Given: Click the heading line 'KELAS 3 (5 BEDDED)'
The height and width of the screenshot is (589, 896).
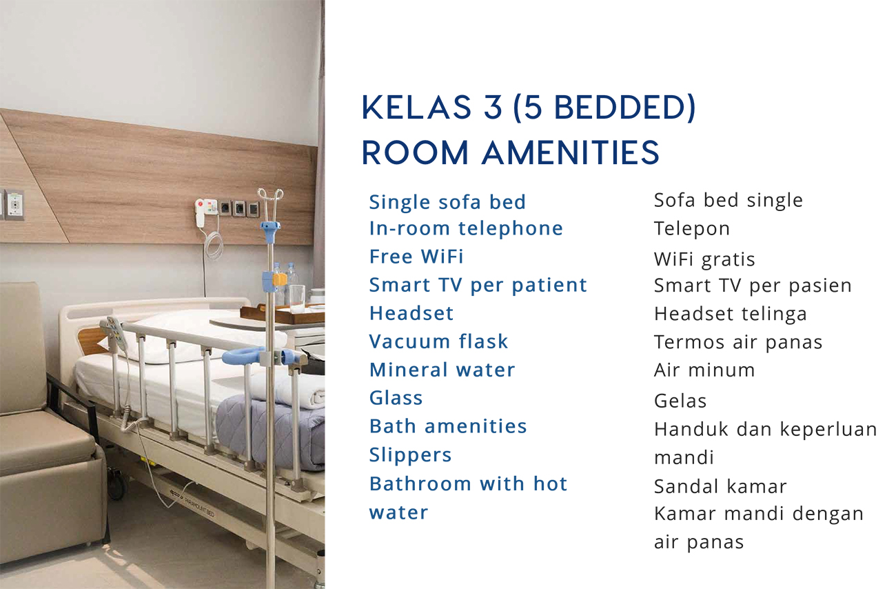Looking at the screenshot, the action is coord(529,108).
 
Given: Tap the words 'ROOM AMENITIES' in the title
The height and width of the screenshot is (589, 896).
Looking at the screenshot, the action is coord(511,152).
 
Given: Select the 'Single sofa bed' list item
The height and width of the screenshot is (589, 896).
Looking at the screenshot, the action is coord(447,202).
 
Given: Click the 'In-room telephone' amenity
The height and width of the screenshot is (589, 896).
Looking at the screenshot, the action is coord(466,228).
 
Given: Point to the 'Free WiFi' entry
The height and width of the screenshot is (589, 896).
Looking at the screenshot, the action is coord(416,257).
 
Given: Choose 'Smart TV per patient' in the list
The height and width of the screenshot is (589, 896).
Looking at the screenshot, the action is coord(478,286).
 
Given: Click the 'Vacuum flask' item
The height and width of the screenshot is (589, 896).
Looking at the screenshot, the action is coord(438,341).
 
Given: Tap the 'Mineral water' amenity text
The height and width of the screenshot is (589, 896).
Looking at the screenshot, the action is coord(442,370).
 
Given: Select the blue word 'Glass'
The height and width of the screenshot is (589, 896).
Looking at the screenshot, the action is coord(396,398).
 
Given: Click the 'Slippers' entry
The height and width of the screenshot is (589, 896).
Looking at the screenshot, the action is coord(410,455).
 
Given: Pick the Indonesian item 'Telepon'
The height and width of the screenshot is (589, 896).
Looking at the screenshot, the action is coord(692,229).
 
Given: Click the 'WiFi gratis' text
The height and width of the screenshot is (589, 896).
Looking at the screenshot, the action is coord(704,259).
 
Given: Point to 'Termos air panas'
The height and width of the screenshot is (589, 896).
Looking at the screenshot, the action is coord(738,343).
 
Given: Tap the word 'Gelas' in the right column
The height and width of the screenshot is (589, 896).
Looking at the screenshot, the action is coord(680,401).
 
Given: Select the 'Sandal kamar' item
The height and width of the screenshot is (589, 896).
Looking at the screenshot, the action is coord(720,486).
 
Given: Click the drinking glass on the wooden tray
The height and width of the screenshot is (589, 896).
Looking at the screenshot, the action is coord(297,299).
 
